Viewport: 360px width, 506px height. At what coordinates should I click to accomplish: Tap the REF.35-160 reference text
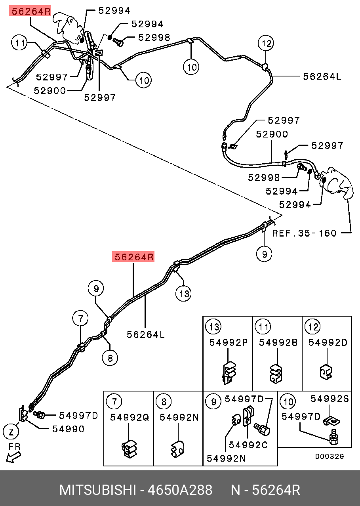tap(304, 233)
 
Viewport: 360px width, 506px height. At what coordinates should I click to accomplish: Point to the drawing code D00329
tap(330, 456)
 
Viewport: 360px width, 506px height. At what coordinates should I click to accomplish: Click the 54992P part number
tap(229, 342)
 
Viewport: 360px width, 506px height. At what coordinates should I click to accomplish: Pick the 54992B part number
tap(278, 342)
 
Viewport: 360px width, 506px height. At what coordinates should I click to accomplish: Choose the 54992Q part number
tap(129, 417)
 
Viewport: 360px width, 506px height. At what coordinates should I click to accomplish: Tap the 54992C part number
tap(248, 445)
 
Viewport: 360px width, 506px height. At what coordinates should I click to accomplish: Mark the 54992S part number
tap(330, 399)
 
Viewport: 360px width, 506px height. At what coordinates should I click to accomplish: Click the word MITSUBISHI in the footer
tap(97, 490)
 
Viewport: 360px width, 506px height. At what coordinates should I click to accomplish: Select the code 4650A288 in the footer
tap(180, 490)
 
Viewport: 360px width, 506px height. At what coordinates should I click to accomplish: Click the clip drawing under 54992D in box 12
tap(326, 371)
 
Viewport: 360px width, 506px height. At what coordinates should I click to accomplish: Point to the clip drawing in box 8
tap(177, 448)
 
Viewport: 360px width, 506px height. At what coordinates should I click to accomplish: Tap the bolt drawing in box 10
tap(333, 437)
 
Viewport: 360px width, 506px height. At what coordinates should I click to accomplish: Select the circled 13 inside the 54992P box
tap(213, 327)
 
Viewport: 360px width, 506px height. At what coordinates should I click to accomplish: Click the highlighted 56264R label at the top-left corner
tap(30, 11)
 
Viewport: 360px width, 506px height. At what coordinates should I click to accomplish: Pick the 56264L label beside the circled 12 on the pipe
tap(322, 76)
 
